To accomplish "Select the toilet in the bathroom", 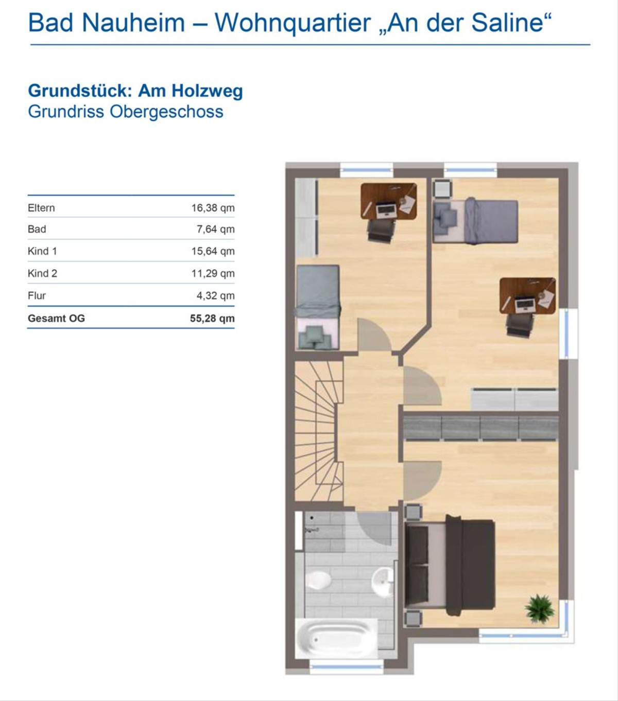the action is coord(318,580).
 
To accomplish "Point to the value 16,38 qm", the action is coord(213,208).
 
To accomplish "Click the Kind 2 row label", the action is coord(42,273).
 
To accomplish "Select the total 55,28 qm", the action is coord(212,318).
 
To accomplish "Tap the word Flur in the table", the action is coord(37,296).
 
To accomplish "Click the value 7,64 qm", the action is coord(215,229).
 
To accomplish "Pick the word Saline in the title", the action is coord(511,23).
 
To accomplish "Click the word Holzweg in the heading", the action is coord(207,91).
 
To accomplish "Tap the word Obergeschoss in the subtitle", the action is coord(166,112).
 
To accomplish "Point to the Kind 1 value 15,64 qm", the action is coord(213,251).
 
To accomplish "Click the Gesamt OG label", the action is coord(56,318).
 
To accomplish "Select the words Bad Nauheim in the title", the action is coord(107,23).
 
